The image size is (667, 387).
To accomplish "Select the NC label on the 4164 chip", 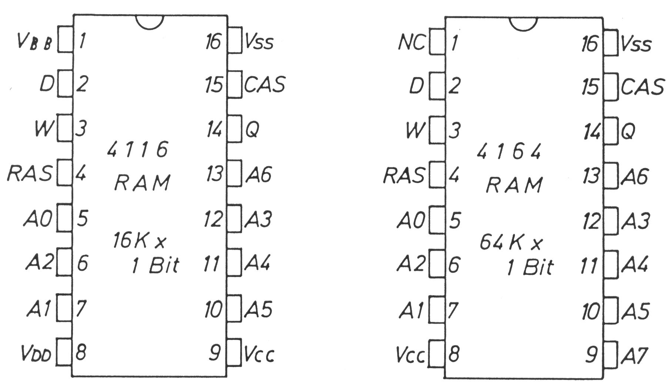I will point(412,43).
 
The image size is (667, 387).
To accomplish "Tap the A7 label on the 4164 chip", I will point(634,356).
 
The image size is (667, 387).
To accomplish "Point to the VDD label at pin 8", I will point(36,354).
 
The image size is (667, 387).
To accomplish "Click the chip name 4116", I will point(137,149).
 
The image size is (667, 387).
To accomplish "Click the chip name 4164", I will point(509,151).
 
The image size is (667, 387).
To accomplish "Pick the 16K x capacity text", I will point(139,241).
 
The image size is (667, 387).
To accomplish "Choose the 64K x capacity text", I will point(510,243).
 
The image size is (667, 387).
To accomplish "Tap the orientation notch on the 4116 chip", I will point(150,21).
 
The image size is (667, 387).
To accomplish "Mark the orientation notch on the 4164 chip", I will point(523,23).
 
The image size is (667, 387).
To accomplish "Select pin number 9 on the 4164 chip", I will point(591,354).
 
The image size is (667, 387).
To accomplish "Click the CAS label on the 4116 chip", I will point(265,84).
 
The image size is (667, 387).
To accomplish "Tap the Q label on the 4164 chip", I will point(628,131).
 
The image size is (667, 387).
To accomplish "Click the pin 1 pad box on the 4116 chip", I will point(65,40).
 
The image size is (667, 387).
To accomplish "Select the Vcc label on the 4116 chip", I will point(259,354).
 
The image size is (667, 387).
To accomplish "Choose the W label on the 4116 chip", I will point(44,128).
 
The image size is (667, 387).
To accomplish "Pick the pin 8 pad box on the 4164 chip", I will point(437,353).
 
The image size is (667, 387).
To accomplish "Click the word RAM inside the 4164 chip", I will point(514,185).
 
